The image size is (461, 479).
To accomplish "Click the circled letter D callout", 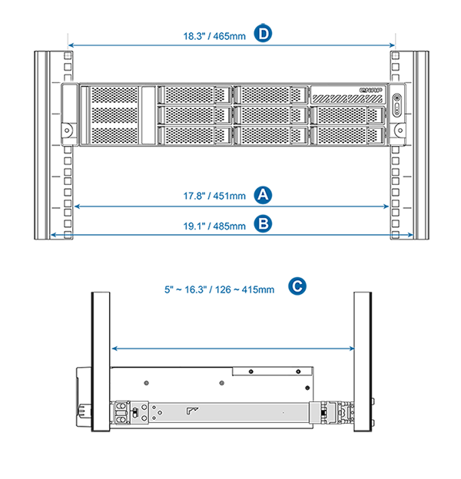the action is (264, 33).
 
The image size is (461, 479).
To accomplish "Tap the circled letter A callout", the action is (264, 195).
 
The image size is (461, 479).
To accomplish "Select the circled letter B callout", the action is (264, 224).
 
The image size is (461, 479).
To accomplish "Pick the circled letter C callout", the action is (297, 286).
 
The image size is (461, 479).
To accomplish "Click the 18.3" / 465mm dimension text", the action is (214, 36).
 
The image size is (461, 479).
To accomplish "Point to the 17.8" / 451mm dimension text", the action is (214, 196).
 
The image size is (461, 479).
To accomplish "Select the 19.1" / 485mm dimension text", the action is (214, 226).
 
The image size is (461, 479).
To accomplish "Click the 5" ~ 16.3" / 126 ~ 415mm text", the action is (220, 289).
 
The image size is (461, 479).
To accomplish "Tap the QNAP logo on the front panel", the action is (370, 90).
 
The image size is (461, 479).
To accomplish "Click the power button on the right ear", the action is (396, 98).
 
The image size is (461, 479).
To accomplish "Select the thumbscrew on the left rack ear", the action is (67, 130).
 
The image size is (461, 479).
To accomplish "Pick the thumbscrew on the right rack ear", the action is (400, 130).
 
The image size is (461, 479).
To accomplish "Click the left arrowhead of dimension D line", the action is (70, 45).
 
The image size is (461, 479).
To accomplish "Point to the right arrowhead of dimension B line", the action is (411, 235).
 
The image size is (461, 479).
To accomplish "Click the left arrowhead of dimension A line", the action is (77, 206).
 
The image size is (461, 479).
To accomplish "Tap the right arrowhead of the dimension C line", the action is (352, 349).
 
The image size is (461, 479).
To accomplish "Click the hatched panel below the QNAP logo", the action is (347, 99).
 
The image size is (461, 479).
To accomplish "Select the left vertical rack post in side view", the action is (101, 362).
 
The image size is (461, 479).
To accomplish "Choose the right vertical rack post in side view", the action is (363, 362).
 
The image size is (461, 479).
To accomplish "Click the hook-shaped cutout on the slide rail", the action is (192, 411).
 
